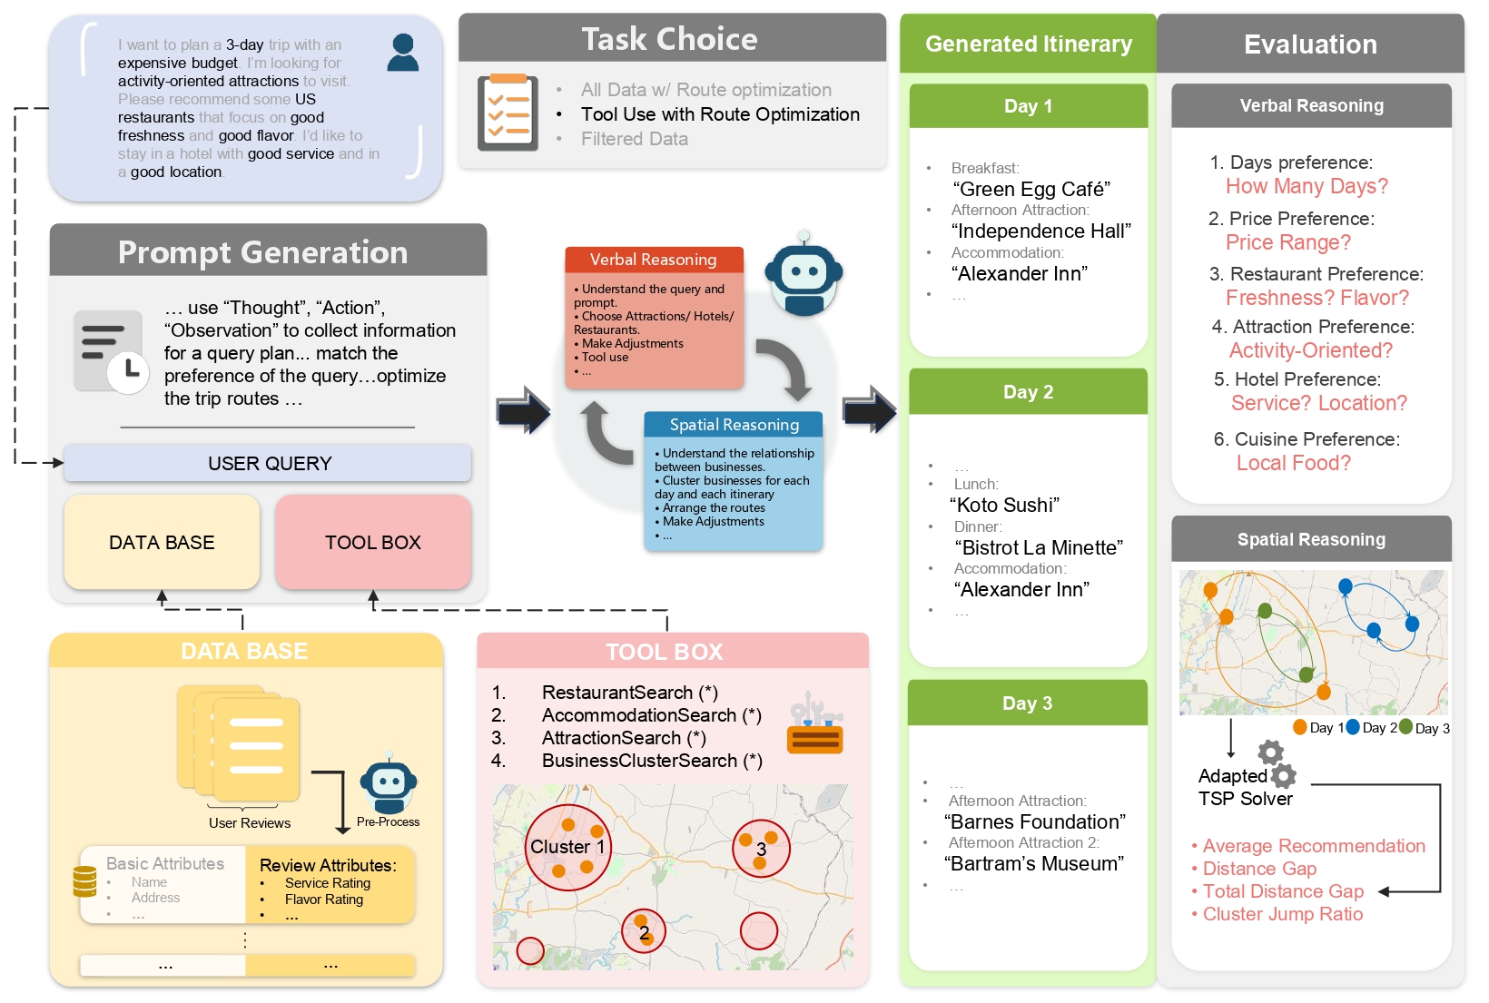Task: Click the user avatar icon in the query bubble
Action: pyautogui.click(x=402, y=53)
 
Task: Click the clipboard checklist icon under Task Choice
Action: pyautogui.click(x=508, y=113)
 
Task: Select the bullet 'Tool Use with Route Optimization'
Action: pyautogui.click(x=720, y=114)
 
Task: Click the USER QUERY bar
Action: pyautogui.click(x=269, y=463)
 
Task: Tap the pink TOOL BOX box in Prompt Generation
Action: pyautogui.click(x=373, y=542)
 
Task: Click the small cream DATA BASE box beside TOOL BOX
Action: pyautogui.click(x=162, y=542)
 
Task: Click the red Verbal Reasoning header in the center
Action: pyautogui.click(x=654, y=260)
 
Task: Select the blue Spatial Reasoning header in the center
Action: pyautogui.click(x=734, y=425)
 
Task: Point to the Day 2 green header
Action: pyautogui.click(x=1028, y=392)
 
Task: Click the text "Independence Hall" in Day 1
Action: pyautogui.click(x=1040, y=231)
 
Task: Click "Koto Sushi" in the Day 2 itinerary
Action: pyautogui.click(x=1004, y=506)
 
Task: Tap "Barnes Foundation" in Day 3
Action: pyautogui.click(x=1034, y=822)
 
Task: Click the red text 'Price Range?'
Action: pyautogui.click(x=1287, y=242)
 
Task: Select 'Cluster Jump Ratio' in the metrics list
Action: pyautogui.click(x=1282, y=914)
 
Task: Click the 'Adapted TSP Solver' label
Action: pyautogui.click(x=1244, y=788)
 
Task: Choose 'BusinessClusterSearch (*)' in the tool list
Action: pyautogui.click(x=651, y=761)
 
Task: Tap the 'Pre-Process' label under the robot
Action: pyautogui.click(x=388, y=821)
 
